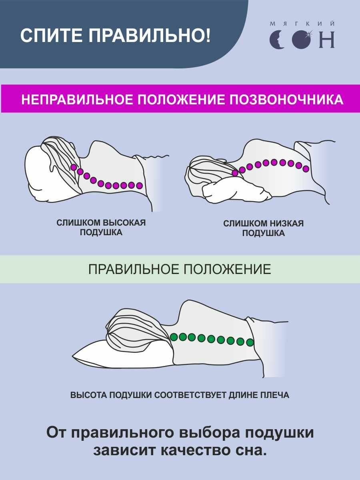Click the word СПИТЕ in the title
(x=51, y=36)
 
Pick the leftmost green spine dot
(x=174, y=337)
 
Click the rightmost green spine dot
(x=250, y=342)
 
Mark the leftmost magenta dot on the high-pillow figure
(x=74, y=167)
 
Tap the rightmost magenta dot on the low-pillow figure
(x=306, y=169)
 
